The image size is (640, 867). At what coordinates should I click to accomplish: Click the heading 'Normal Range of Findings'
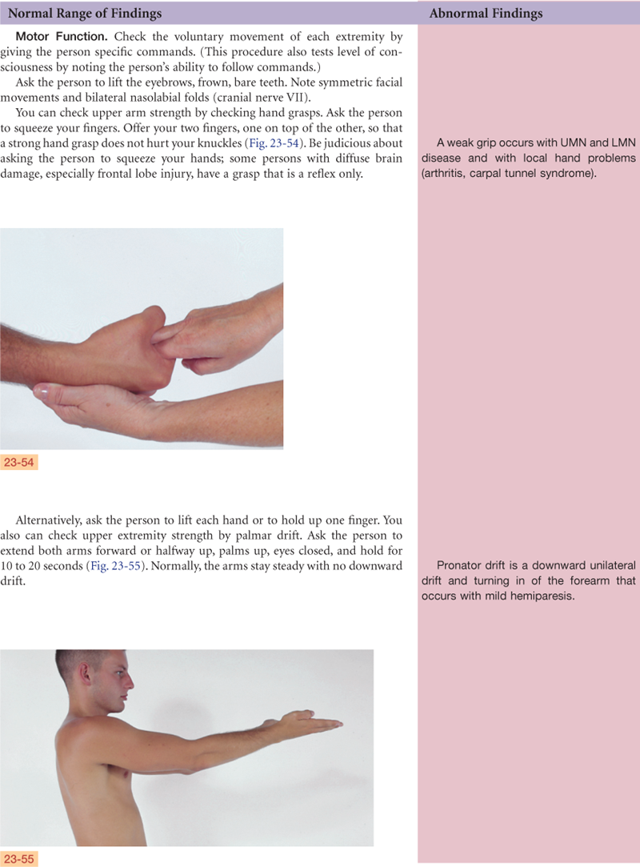85,13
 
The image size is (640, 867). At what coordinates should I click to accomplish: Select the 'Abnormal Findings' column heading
486,13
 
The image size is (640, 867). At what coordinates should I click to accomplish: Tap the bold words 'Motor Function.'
62,37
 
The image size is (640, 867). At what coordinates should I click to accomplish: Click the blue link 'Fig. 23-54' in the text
274,143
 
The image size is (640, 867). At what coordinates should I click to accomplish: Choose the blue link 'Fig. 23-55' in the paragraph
115,566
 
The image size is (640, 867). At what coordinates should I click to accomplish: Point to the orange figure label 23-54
18,462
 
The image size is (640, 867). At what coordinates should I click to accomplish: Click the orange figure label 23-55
18,859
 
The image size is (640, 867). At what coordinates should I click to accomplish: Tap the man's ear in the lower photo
85,675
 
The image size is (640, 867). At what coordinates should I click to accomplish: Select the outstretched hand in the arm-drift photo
310,721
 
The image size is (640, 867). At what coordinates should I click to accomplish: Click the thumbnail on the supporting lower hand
41,392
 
